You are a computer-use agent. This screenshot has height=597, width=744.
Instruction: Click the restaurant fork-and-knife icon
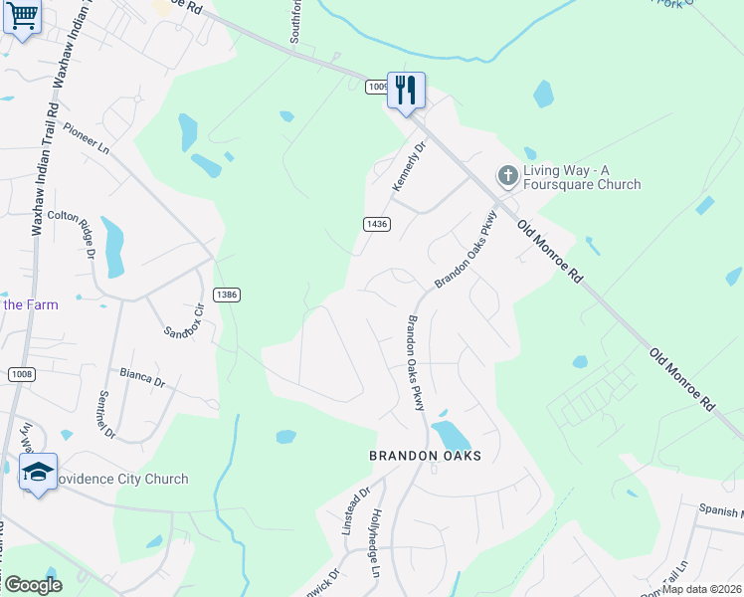point(406,91)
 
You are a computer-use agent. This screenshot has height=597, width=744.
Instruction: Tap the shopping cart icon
point(22,16)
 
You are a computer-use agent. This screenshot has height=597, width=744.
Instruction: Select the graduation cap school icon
point(38,472)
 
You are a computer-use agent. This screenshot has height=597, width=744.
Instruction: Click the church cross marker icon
point(507,177)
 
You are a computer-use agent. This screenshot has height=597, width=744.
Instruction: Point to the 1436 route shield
point(376,227)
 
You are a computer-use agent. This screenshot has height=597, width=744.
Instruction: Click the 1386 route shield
point(226,296)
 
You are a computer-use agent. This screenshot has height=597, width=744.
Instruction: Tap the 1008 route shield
point(22,374)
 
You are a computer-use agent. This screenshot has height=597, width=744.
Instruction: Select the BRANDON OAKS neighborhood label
point(425,456)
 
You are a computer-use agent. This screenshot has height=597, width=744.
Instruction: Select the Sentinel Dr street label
point(106,414)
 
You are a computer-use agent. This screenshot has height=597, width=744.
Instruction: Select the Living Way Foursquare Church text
point(582,177)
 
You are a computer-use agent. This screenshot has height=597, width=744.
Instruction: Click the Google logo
point(32,584)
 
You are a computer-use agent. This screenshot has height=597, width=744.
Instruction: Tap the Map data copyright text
point(701,589)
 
